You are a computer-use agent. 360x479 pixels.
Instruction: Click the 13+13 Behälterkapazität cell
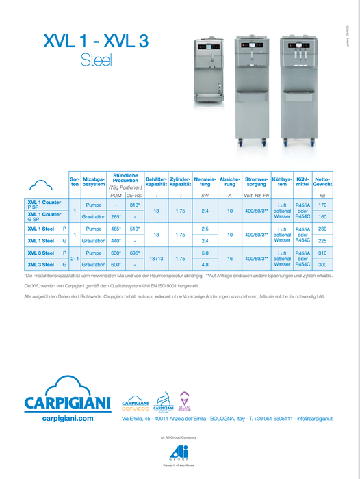157,259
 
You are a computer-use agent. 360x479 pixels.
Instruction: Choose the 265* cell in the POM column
116,216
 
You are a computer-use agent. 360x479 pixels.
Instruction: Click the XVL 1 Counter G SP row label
44,216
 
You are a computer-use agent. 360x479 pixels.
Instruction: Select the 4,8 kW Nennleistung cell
205,264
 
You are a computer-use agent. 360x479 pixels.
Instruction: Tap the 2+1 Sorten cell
75,259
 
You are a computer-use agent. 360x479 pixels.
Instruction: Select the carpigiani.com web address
67,417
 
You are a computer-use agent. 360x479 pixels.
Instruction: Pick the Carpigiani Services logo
135,403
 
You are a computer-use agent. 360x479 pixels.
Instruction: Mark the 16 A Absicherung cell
230,259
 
